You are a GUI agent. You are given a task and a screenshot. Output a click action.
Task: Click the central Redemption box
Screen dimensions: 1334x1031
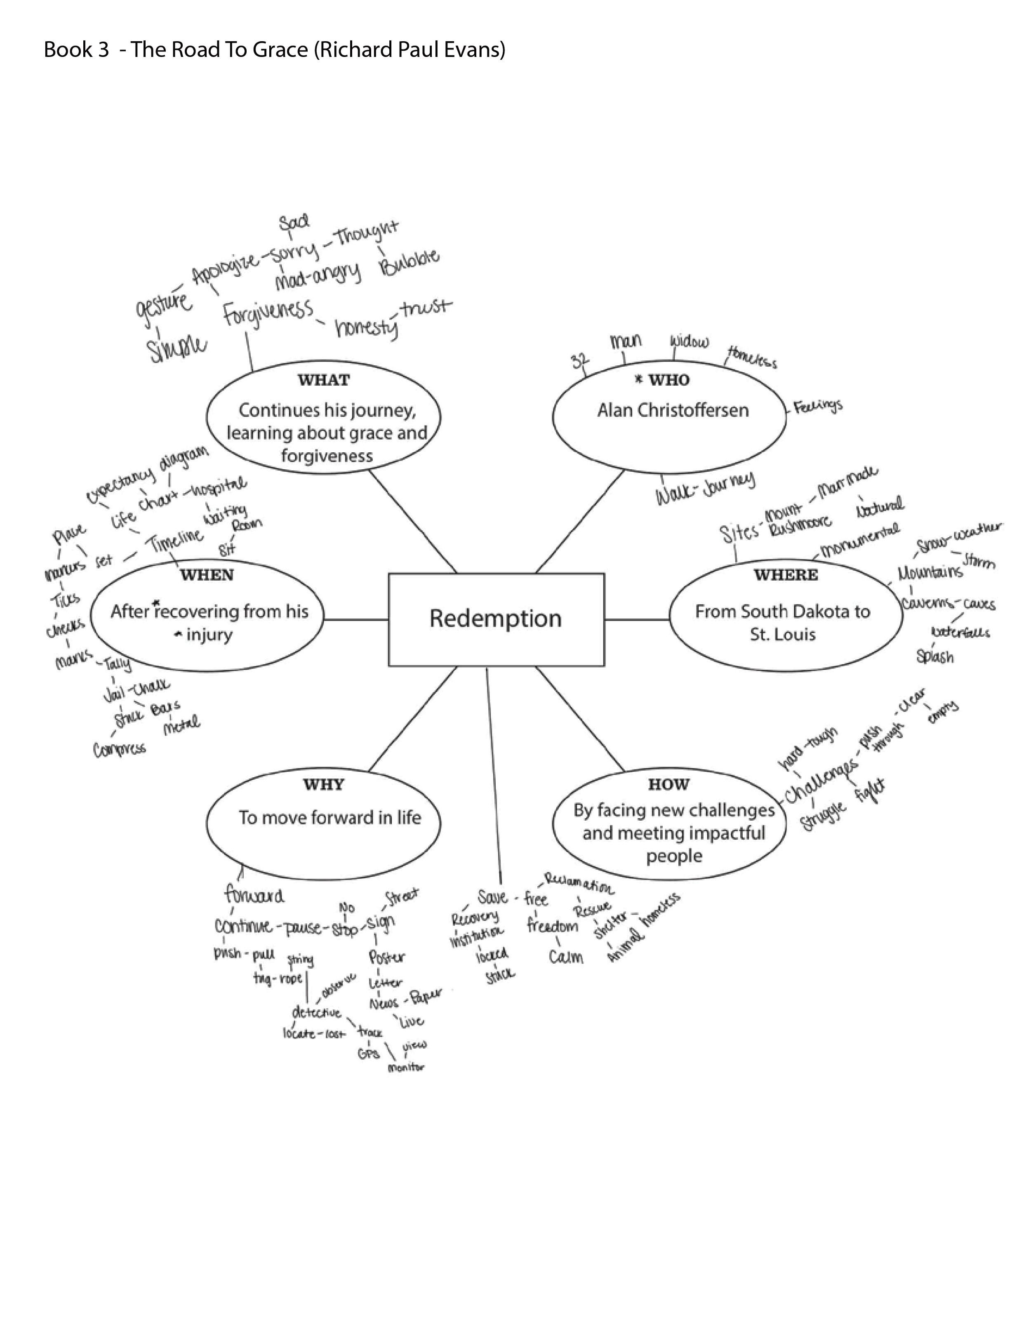496,619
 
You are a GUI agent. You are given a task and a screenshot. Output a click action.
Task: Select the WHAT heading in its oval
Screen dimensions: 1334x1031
324,380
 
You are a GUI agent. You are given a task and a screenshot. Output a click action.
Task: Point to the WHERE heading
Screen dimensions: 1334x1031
786,575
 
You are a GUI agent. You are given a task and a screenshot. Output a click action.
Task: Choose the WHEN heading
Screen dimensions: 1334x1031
207,575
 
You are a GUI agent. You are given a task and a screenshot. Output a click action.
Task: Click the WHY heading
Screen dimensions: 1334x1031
324,784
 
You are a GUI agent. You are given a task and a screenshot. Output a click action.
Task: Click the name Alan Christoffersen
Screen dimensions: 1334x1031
673,410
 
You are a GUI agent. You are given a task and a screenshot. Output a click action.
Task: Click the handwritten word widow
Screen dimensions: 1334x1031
689,341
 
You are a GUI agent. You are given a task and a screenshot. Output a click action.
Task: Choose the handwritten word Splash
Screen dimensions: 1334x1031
934,656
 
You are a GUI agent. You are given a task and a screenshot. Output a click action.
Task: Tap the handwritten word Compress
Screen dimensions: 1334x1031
120,749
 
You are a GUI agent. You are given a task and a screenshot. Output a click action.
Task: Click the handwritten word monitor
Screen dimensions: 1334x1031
405,1068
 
